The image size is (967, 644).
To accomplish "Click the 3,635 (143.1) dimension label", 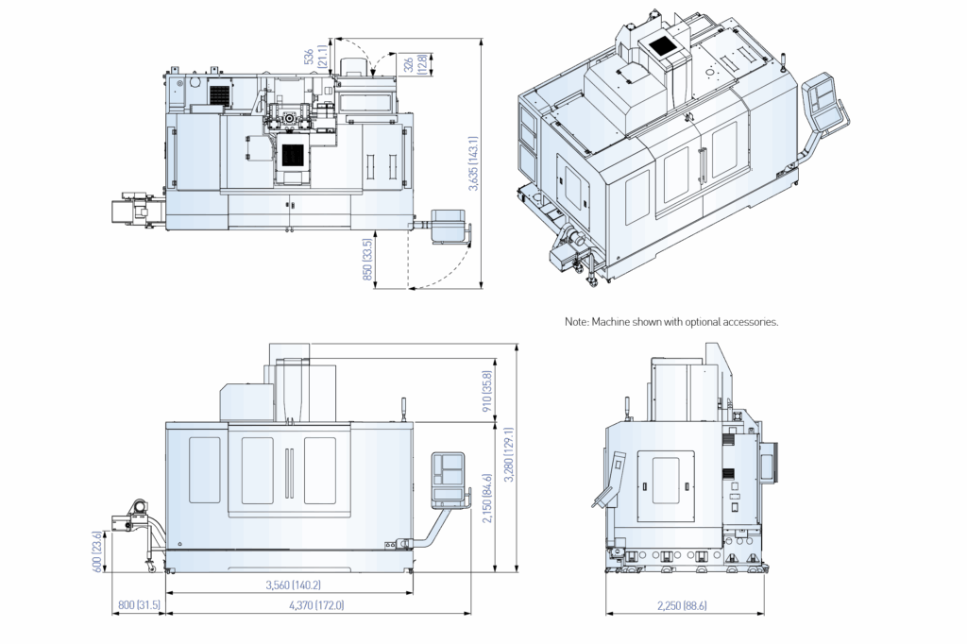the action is tap(474, 163).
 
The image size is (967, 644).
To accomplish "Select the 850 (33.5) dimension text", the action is tap(368, 260).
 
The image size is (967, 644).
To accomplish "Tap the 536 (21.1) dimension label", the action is tap(314, 57).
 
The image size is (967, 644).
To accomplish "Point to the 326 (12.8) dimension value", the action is tap(416, 64).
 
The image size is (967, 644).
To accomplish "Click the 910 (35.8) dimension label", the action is tap(486, 392).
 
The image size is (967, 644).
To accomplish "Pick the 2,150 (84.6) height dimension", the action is tap(487, 499).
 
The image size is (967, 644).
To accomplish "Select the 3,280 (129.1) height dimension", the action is tap(509, 454).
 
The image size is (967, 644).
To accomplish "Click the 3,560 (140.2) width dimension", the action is tap(294, 585).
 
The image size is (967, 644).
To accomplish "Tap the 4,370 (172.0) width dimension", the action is tap(316, 605).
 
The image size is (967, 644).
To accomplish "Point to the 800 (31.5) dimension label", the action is tap(139, 605).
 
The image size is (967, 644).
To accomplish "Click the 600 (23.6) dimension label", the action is tap(97, 551).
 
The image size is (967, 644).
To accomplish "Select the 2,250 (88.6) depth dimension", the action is tap(682, 605).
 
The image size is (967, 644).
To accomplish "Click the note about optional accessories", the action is tap(671, 321).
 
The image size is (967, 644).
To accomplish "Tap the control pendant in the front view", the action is tap(449, 479).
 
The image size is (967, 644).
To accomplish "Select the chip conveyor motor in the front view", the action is tap(138, 508).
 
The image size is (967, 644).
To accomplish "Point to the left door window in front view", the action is tap(205, 470).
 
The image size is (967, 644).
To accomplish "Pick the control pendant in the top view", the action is tap(448, 226).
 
